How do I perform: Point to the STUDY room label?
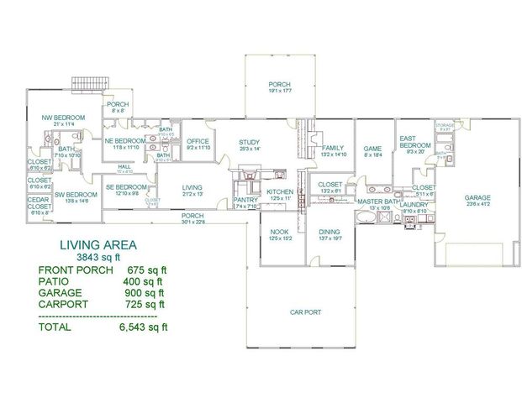(x=249, y=142)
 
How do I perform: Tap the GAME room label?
(x=372, y=148)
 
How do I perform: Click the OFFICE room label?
(x=198, y=141)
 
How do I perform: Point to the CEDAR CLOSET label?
(x=39, y=204)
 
